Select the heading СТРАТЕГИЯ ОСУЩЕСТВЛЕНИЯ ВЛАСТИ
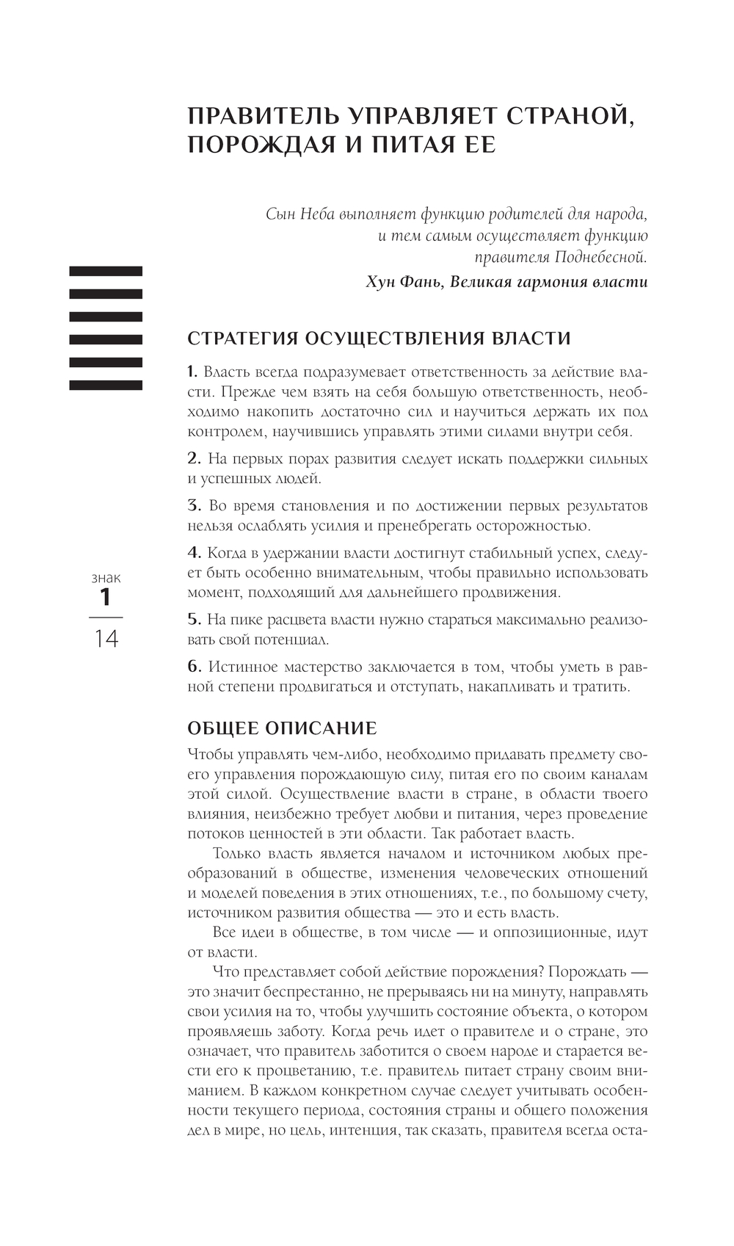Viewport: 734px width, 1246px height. (x=379, y=338)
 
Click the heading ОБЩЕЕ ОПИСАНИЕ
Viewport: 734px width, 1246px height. (x=282, y=728)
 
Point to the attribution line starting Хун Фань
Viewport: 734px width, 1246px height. (x=506, y=282)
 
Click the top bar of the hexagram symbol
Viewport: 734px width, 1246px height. (x=106, y=271)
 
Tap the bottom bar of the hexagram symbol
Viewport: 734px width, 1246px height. (x=106, y=385)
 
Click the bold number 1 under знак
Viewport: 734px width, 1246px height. (x=106, y=597)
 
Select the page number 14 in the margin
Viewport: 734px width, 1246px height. (x=106, y=639)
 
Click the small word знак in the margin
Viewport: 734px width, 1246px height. (x=106, y=578)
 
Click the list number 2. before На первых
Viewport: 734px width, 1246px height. (x=194, y=459)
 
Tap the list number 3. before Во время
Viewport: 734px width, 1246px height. (x=194, y=506)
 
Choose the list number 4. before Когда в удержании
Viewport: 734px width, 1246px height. (x=194, y=553)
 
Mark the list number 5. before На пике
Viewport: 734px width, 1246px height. (x=194, y=620)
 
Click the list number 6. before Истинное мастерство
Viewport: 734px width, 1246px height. (x=194, y=667)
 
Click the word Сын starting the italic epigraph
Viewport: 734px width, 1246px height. (x=280, y=214)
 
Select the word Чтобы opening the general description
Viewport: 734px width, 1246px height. (x=209, y=755)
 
